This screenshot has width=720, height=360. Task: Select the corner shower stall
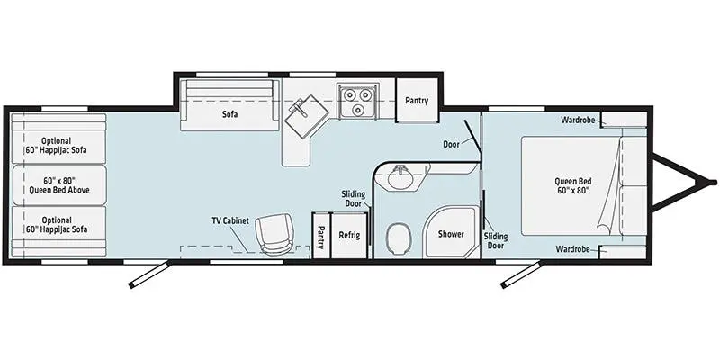451,232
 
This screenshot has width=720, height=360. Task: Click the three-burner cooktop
357,101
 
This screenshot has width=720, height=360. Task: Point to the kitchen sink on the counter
306,116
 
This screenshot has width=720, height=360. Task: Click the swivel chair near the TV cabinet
275,233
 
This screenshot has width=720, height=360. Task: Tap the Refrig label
349,235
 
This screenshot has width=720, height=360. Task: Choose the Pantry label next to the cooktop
417,101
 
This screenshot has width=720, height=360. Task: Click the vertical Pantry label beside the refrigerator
321,237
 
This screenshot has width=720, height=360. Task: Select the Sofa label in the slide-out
230,114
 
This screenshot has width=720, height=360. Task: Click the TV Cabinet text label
230,220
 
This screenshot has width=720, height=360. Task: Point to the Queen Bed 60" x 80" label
572,185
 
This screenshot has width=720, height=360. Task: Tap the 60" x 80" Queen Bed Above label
59,184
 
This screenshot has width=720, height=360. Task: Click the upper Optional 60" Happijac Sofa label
56,145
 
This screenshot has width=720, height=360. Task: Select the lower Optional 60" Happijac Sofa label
56,224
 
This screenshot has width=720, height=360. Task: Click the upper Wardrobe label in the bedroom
578,121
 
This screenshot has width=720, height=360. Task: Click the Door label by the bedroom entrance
452,144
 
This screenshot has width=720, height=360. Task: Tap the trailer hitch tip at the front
714,183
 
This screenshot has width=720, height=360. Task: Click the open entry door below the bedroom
521,275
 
